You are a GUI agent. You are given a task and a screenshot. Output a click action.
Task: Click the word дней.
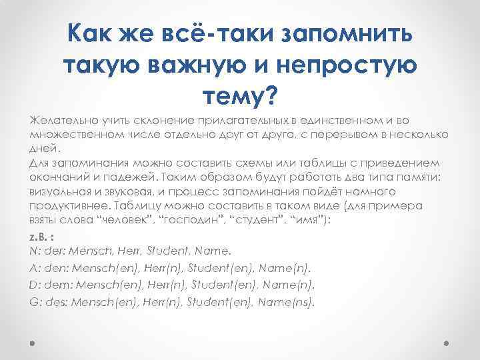point(41,149)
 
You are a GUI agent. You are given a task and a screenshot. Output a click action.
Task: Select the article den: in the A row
point(56,268)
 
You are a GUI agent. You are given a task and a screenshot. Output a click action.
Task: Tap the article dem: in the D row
point(57,285)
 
